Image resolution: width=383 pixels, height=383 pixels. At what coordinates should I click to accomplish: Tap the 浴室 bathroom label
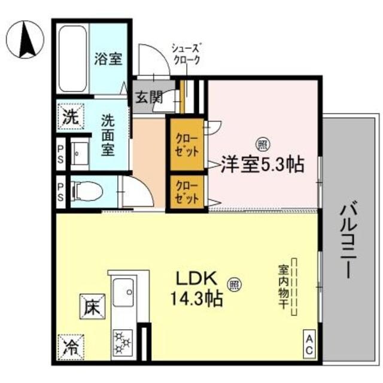tap(108, 59)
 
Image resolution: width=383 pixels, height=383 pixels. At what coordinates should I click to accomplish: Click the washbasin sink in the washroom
tap(80, 154)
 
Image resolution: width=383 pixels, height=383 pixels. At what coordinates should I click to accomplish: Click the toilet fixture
tap(87, 192)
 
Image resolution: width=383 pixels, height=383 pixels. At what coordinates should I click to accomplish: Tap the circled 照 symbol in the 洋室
tap(262, 144)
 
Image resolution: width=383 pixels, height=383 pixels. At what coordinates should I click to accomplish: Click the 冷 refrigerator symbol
tap(70, 346)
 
